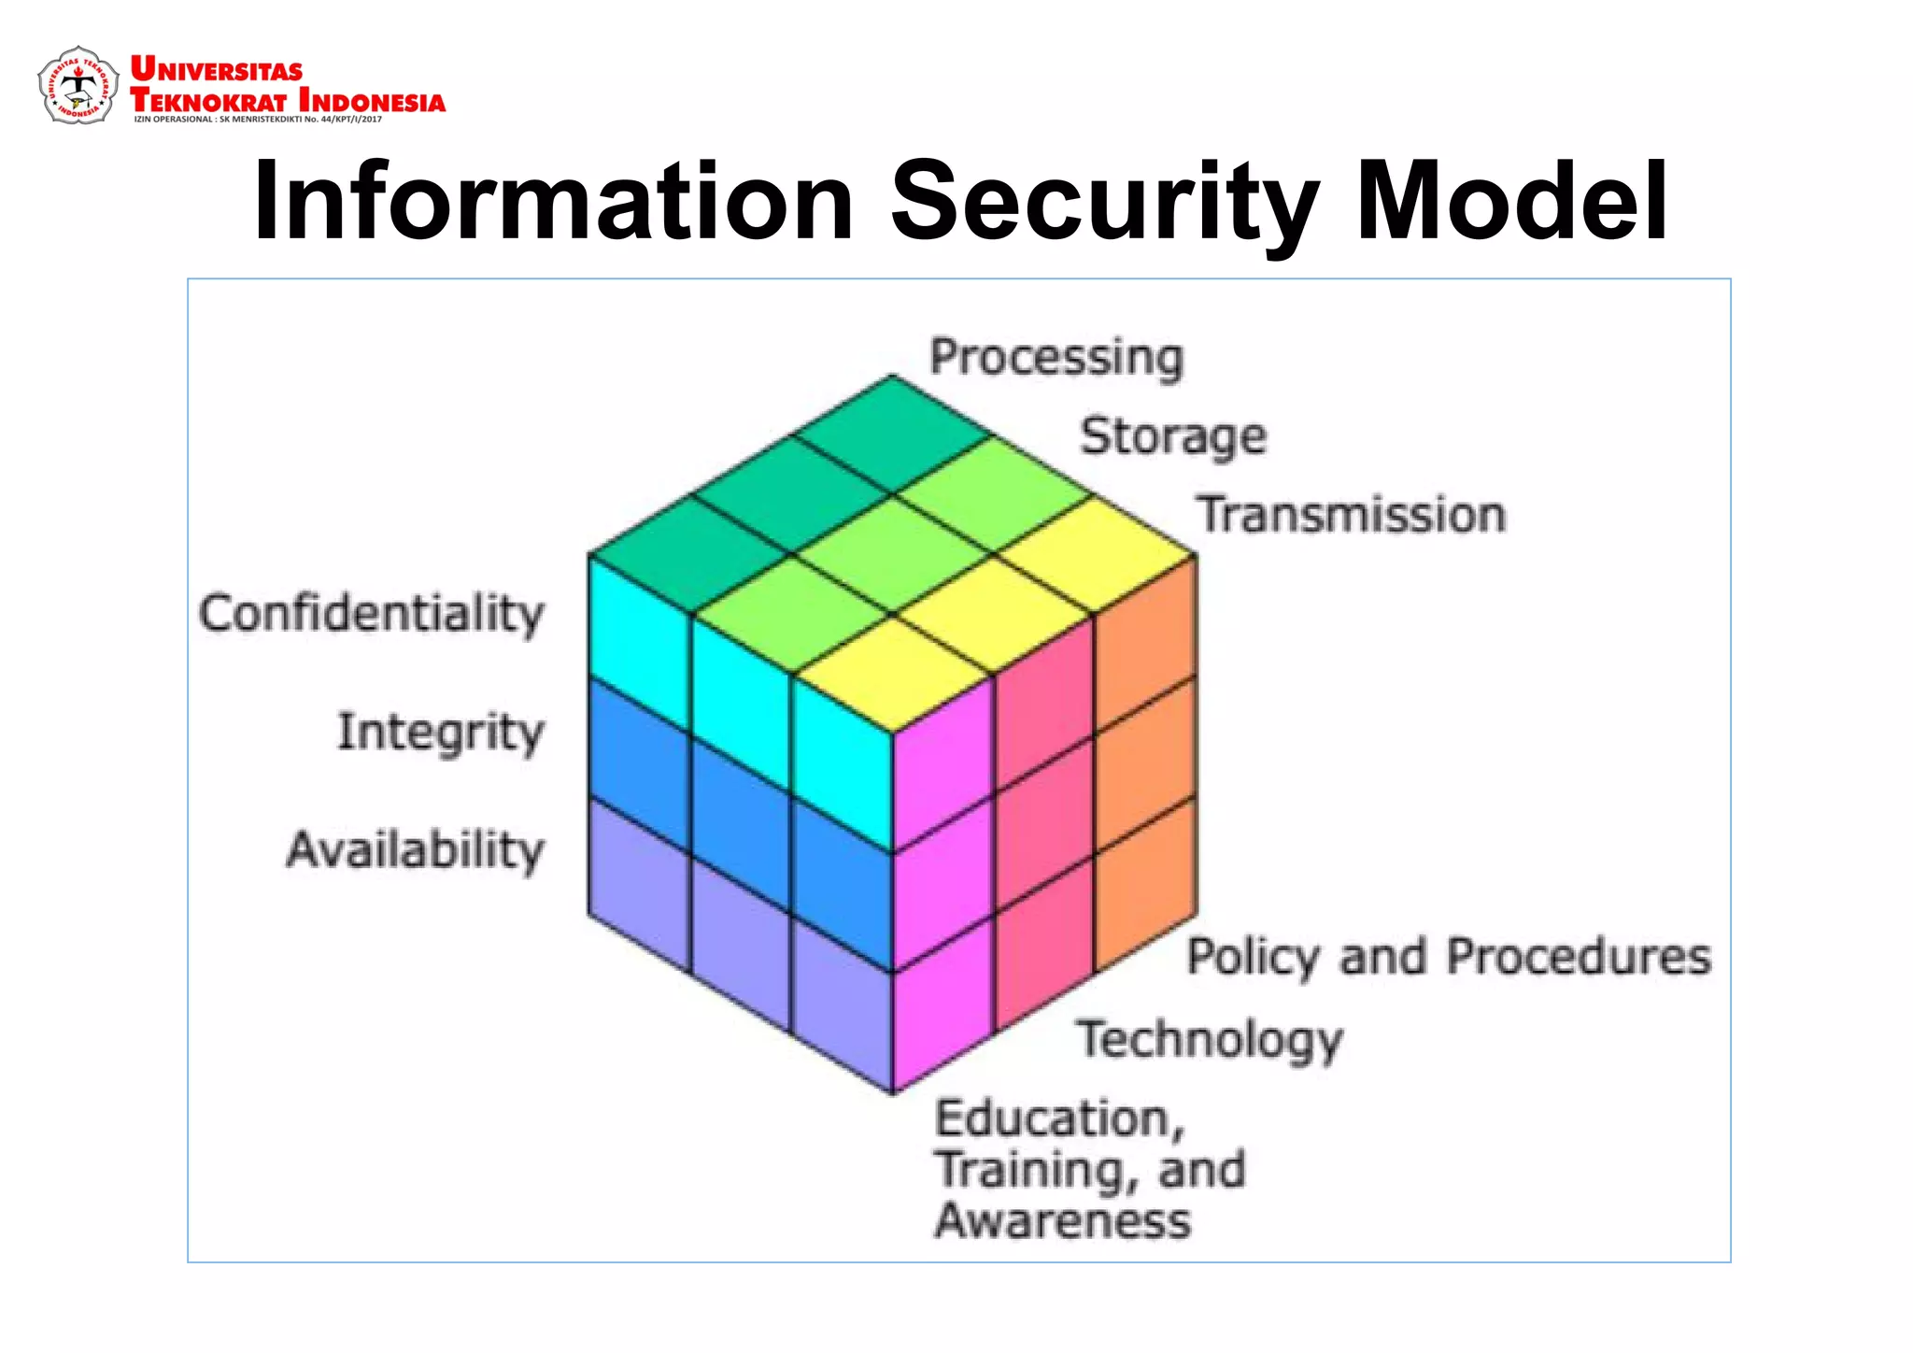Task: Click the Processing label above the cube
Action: tap(1056, 358)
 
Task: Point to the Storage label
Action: tap(1173, 437)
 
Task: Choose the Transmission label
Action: tap(1352, 515)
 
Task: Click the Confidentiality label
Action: tap(371, 614)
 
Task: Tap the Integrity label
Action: tap(440, 732)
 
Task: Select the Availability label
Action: tap(415, 850)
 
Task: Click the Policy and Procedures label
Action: tap(1449, 957)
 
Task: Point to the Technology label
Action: tap(1210, 1039)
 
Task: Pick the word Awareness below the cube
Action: tap(1063, 1220)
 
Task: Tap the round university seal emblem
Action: tap(78, 86)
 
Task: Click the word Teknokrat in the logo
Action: tap(207, 100)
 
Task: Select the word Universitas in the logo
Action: tap(217, 69)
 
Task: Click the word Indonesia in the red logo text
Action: tap(372, 100)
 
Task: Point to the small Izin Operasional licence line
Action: tap(258, 120)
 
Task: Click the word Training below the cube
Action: tap(1037, 1170)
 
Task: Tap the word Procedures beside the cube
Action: tap(1579, 957)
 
